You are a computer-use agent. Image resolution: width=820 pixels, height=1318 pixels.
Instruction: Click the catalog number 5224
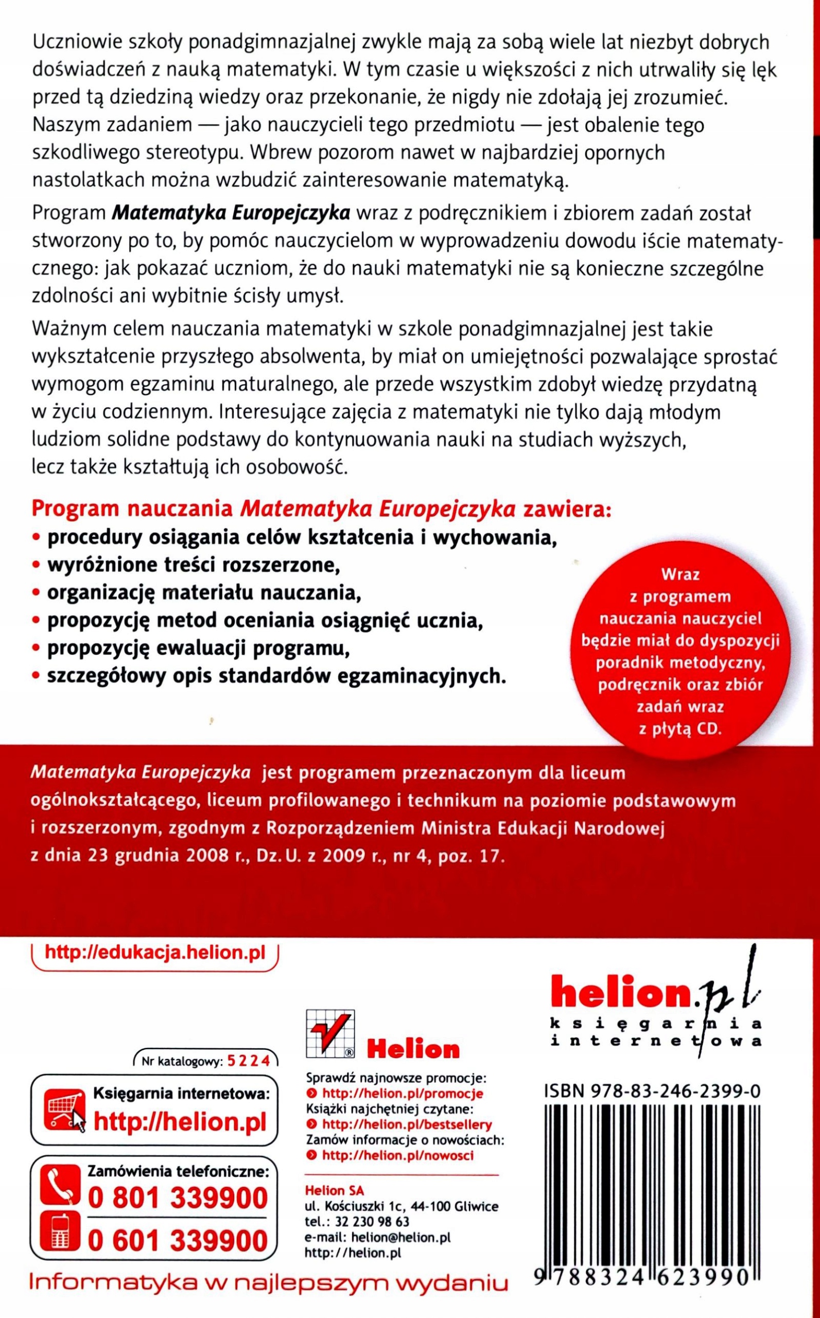coord(249,1062)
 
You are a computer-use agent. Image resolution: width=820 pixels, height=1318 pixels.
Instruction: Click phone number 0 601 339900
coord(178,1240)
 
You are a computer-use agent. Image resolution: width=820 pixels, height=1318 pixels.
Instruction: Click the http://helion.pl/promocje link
coord(402,1094)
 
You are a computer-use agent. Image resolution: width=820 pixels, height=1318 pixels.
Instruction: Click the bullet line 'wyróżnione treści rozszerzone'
coord(193,565)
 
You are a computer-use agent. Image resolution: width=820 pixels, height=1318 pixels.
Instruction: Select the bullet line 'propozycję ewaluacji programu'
coord(198,649)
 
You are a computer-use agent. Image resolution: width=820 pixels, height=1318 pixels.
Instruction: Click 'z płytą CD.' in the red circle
coord(681,729)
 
